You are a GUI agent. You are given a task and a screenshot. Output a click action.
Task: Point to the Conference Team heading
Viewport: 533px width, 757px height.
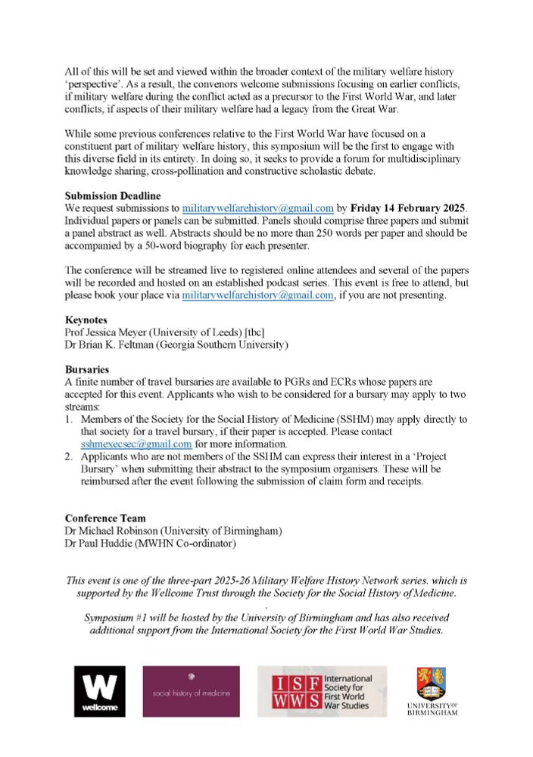[x=105, y=518]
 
